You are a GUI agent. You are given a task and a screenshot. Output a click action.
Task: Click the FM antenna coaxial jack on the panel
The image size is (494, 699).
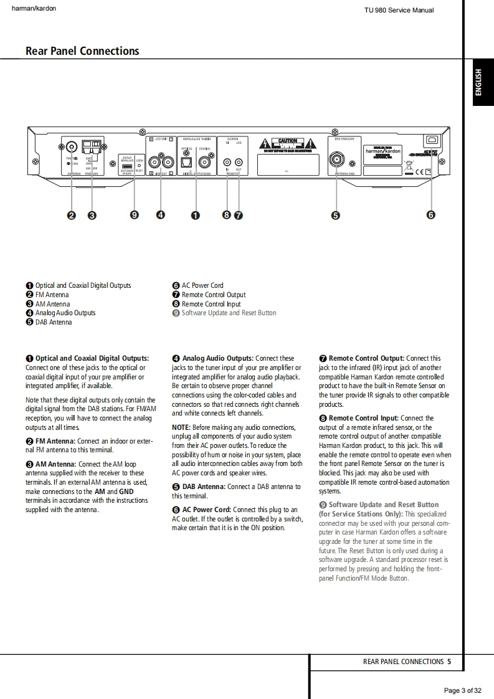tap(72, 147)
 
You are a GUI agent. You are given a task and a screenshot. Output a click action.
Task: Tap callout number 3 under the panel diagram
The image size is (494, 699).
tap(92, 216)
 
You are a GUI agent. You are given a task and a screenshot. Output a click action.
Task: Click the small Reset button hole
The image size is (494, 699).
tap(139, 165)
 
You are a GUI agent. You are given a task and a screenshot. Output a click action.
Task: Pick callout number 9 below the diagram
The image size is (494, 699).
tap(135, 216)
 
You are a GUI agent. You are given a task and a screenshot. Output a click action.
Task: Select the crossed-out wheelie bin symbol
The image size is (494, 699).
tap(408, 166)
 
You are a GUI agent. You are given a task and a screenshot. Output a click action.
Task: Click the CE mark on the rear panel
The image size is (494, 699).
tap(420, 171)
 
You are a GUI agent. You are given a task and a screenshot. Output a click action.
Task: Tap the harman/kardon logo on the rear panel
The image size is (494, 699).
tap(383, 151)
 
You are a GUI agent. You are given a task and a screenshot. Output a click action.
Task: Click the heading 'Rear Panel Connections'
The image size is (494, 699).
tap(82, 51)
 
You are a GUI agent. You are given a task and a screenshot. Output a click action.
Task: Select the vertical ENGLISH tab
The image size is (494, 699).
tap(478, 83)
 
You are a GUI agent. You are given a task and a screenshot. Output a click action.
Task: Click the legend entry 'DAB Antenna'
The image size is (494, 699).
tap(54, 322)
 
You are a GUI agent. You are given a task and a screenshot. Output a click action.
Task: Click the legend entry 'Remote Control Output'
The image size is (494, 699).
tap(214, 295)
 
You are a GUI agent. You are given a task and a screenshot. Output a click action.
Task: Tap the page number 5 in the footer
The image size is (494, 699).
tap(449, 662)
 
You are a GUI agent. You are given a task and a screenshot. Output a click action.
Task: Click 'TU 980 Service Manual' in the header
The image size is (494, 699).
tap(399, 10)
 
